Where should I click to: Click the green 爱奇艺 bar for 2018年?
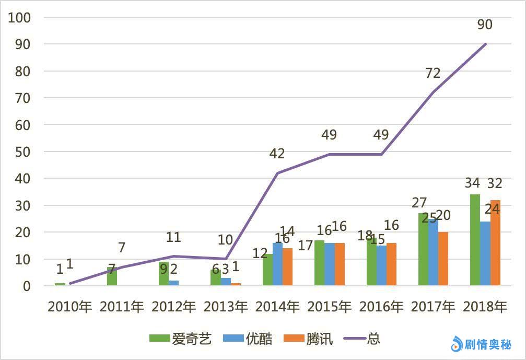tap(475, 240)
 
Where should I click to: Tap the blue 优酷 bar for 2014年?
tap(277, 264)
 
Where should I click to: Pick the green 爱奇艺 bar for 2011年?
tap(111, 276)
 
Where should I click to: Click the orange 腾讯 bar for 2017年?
tap(443, 259)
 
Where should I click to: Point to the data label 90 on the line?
tap(485, 25)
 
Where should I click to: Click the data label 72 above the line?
tap(433, 73)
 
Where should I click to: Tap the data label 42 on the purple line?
tap(277, 154)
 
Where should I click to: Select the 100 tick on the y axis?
tap(20, 17)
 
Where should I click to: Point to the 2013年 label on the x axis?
tap(225, 307)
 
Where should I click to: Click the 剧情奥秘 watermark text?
tap(489, 344)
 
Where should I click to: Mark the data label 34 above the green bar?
tap(472, 183)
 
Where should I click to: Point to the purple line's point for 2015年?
tap(329, 154)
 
